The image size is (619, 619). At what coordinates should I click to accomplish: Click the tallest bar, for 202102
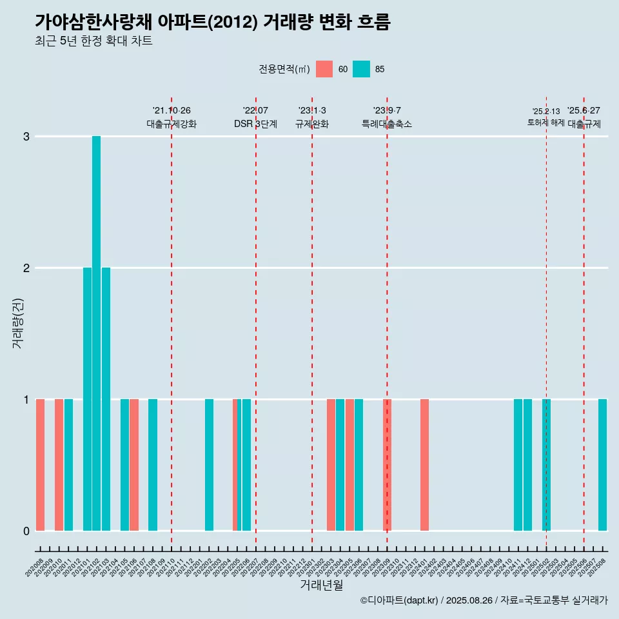pyautogui.click(x=96, y=333)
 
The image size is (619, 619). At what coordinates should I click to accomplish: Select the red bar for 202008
pyautogui.click(x=40, y=465)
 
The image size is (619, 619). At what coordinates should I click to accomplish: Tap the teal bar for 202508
pyautogui.click(x=602, y=465)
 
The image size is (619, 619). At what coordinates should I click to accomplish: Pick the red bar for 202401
pyautogui.click(x=424, y=465)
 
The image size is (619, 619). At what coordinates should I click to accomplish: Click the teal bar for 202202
pyautogui.click(x=209, y=465)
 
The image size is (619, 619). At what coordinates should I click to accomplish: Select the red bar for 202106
pyautogui.click(x=134, y=465)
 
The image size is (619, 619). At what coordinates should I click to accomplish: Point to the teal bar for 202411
pyautogui.click(x=518, y=465)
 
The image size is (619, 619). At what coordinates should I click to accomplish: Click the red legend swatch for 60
pyautogui.click(x=324, y=69)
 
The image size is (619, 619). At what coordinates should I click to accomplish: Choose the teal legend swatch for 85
pyautogui.click(x=362, y=69)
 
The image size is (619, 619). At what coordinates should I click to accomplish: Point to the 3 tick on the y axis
pyautogui.click(x=26, y=137)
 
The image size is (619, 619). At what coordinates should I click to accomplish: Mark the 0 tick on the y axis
pyautogui.click(x=26, y=531)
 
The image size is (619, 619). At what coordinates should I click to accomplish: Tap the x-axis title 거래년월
pyautogui.click(x=321, y=585)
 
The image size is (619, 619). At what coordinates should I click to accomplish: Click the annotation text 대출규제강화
pyautogui.click(x=172, y=124)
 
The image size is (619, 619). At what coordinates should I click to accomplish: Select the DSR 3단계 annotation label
pyautogui.click(x=255, y=124)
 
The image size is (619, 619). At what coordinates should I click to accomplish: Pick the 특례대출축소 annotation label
pyautogui.click(x=387, y=124)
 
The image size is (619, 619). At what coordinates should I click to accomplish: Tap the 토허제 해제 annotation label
pyautogui.click(x=545, y=123)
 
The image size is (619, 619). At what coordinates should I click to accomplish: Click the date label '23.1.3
pyautogui.click(x=312, y=111)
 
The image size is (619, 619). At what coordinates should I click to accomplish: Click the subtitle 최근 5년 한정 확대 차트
pyautogui.click(x=93, y=41)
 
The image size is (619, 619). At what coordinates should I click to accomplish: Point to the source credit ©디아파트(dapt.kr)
pyautogui.click(x=400, y=601)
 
